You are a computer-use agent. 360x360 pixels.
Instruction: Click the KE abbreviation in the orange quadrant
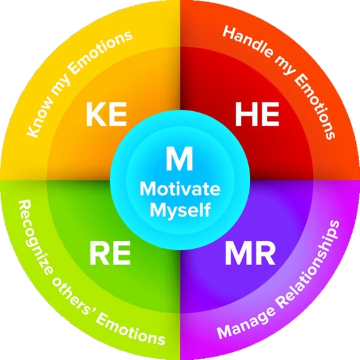click(106, 114)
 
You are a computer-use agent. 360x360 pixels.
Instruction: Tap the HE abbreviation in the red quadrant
click(257, 114)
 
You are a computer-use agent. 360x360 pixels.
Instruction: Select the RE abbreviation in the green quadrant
click(110, 253)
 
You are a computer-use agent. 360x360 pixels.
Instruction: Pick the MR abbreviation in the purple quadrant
click(250, 253)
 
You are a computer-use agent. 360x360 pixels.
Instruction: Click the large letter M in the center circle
click(179, 159)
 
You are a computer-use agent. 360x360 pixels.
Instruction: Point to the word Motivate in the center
click(180, 189)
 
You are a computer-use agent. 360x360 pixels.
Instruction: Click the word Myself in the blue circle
click(180, 209)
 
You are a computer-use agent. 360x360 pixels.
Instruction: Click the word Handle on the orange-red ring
click(248, 42)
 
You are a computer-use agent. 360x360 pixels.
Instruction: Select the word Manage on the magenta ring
click(246, 322)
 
